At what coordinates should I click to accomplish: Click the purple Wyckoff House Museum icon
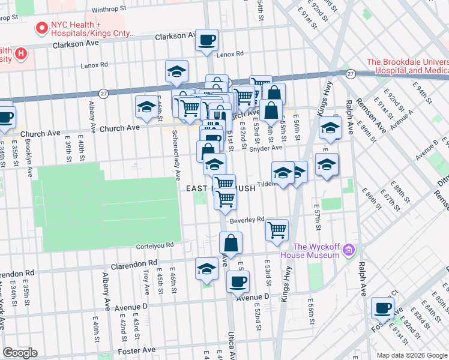click(349, 248)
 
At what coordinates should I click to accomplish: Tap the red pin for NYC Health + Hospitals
click(42, 28)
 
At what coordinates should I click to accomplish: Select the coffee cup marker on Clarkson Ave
click(208, 40)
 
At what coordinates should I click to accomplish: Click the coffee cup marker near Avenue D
click(238, 281)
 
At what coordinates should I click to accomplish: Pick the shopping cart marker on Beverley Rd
click(277, 229)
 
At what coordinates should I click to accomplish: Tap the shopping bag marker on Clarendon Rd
click(231, 244)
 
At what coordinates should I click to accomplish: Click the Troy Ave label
click(146, 281)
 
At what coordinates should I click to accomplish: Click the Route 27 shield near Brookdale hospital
click(350, 73)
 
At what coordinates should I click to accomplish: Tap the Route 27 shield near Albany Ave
click(104, 93)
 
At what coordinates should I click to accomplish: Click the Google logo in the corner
click(20, 353)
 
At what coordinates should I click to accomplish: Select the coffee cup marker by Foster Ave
click(382, 308)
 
